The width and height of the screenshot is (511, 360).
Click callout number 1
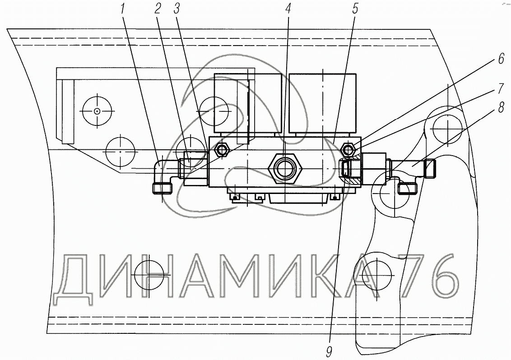122,9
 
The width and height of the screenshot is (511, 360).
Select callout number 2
158,9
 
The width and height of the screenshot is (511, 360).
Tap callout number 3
177,9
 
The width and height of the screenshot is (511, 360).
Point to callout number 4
288,9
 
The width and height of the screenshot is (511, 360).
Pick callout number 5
355,9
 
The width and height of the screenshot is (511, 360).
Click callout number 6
501,59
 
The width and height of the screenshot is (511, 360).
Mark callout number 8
501,107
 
